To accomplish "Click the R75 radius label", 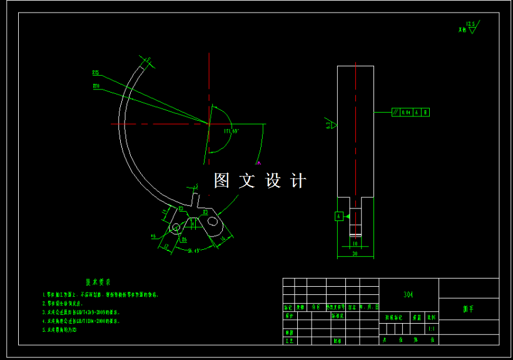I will pyautogui.click(x=96, y=72).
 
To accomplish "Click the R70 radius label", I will pyautogui.click(x=96, y=86).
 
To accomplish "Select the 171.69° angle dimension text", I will pyautogui.click(x=231, y=131).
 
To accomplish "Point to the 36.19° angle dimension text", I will pyautogui.click(x=193, y=251).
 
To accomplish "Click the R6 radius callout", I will pyautogui.click(x=184, y=239).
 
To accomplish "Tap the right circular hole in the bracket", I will pyautogui.click(x=213, y=220).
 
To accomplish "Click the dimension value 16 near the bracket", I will pyautogui.click(x=223, y=238).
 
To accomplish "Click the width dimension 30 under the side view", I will pyautogui.click(x=355, y=254).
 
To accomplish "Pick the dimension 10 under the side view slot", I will pyautogui.click(x=355, y=243).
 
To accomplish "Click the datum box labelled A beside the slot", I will pyautogui.click(x=339, y=216).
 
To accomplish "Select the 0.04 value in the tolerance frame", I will pyautogui.click(x=407, y=113).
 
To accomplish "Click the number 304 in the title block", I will pyautogui.click(x=409, y=294).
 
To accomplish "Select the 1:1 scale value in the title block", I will pyautogui.click(x=431, y=329).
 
